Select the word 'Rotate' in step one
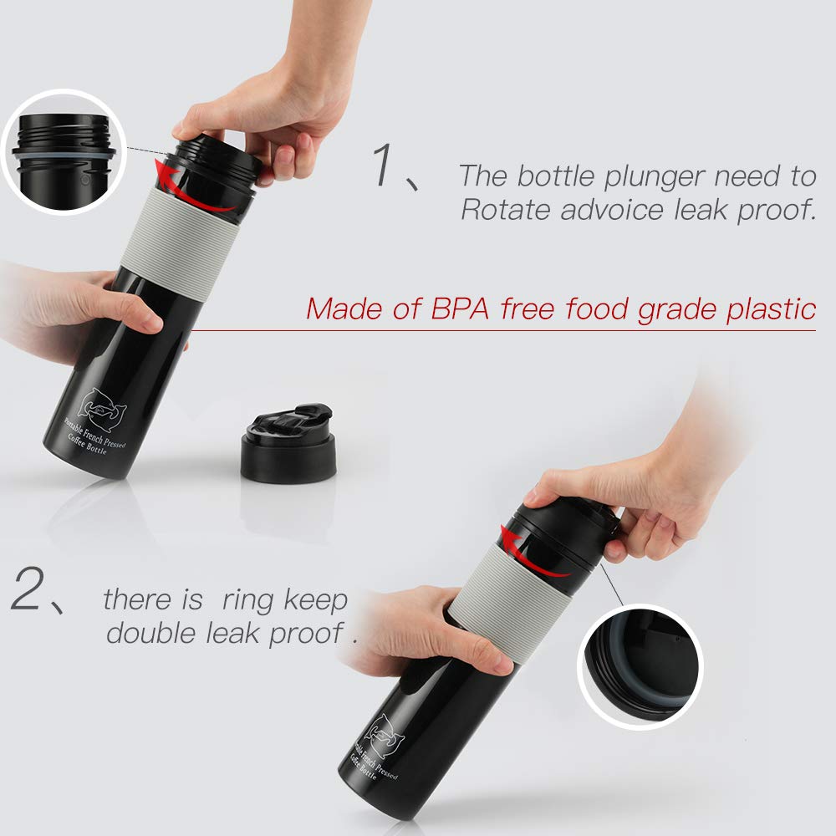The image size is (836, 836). pos(505,209)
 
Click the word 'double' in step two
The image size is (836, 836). pos(150,632)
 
